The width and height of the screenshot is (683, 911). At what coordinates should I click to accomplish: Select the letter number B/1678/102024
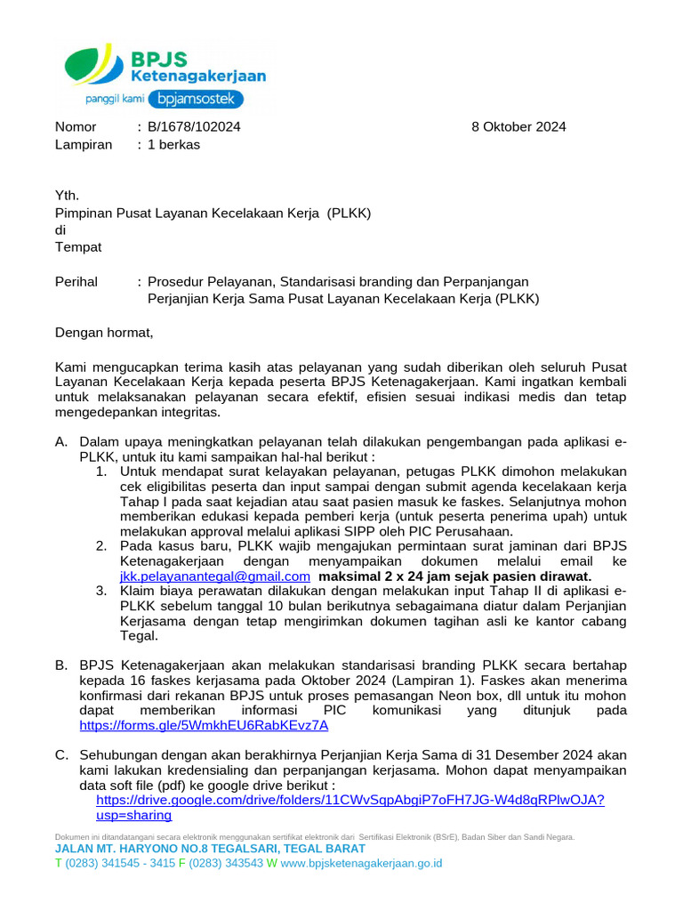[194, 126]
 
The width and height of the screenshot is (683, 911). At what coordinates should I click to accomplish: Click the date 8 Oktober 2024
[518, 126]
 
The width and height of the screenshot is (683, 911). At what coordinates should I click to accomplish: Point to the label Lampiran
[84, 144]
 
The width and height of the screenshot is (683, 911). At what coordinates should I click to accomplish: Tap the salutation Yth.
[68, 196]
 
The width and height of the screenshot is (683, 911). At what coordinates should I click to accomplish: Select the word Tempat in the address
[78, 246]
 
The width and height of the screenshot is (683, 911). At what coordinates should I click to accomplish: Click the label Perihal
[76, 281]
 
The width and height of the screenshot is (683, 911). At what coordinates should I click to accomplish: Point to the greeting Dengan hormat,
[104, 333]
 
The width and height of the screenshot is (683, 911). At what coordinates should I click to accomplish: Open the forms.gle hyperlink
[204, 725]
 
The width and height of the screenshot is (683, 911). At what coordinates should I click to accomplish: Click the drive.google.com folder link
[350, 800]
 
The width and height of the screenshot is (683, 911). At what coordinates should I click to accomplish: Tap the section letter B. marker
[61, 665]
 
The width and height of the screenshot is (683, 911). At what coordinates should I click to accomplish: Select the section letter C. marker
[61, 755]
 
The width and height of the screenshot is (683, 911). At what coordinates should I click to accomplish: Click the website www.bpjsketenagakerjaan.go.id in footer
[361, 863]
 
